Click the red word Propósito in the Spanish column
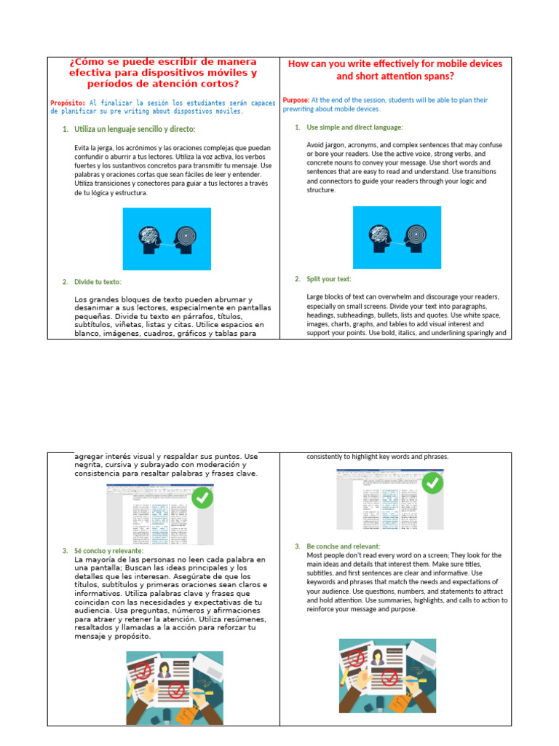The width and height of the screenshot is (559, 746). (x=68, y=103)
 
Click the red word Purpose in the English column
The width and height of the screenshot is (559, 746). (x=296, y=100)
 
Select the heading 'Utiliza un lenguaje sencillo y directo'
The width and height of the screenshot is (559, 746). (x=135, y=129)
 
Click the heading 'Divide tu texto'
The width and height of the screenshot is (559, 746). (x=98, y=282)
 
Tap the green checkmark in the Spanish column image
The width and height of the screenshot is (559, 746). (x=201, y=498)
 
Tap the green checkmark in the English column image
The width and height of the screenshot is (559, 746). (x=432, y=483)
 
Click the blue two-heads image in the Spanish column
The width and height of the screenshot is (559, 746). (x=167, y=239)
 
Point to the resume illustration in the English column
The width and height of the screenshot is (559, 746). (x=387, y=675)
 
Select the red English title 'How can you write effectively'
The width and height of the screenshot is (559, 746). (x=395, y=70)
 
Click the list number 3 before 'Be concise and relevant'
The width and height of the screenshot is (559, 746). (x=297, y=546)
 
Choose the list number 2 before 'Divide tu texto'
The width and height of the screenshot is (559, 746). (x=65, y=282)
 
